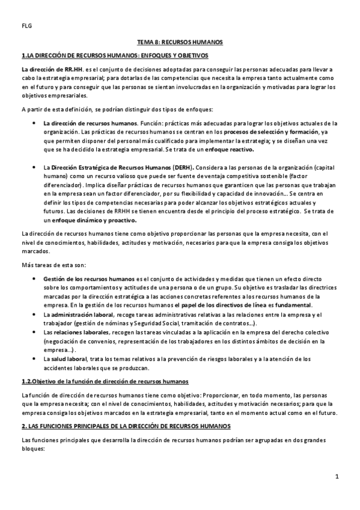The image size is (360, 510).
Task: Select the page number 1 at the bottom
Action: coord(338,477)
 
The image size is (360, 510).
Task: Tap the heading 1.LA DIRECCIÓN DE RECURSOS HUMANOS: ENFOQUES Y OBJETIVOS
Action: coord(115,56)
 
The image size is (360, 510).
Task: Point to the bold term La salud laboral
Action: coord(65,358)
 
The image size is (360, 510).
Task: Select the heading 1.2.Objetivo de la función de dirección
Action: coord(105,382)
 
